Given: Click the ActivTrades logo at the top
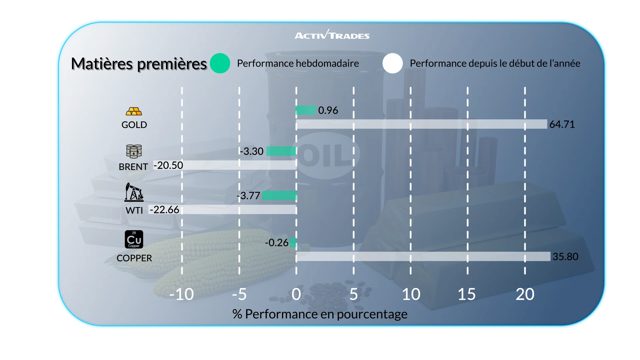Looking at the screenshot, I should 332,35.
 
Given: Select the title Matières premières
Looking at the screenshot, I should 139,64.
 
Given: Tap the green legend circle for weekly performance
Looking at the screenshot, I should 220,63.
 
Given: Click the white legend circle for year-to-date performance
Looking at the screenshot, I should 393,63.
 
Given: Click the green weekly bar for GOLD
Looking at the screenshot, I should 306,110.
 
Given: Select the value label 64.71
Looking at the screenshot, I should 562,124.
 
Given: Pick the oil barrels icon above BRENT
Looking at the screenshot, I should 134,151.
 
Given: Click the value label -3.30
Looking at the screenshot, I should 252,151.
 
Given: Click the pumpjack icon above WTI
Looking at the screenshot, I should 134,192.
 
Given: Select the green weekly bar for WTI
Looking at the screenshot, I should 279,196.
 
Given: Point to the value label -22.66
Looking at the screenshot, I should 164,210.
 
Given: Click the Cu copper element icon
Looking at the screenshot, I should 134,239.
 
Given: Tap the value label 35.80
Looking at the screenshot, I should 565,257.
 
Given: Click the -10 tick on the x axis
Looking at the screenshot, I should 181,294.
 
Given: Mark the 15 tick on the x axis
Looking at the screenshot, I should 467,294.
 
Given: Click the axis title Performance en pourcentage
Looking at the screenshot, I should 320,314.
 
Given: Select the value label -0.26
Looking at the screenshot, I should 276,243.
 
